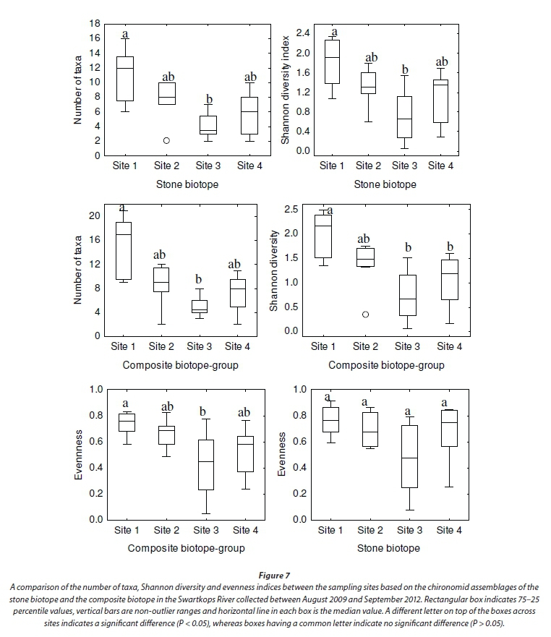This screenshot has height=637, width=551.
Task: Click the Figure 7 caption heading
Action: point(275,574)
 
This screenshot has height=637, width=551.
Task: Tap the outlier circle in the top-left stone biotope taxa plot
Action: point(166,140)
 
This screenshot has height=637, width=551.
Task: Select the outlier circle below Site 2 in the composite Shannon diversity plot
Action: point(365,315)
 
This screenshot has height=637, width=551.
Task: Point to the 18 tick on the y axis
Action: point(95,23)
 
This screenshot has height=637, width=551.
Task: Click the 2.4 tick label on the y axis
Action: point(302,33)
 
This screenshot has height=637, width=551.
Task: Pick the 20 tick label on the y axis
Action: point(93,216)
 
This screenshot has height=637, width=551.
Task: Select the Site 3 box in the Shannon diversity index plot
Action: point(404,116)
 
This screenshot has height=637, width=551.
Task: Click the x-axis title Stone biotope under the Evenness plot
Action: point(388,548)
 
